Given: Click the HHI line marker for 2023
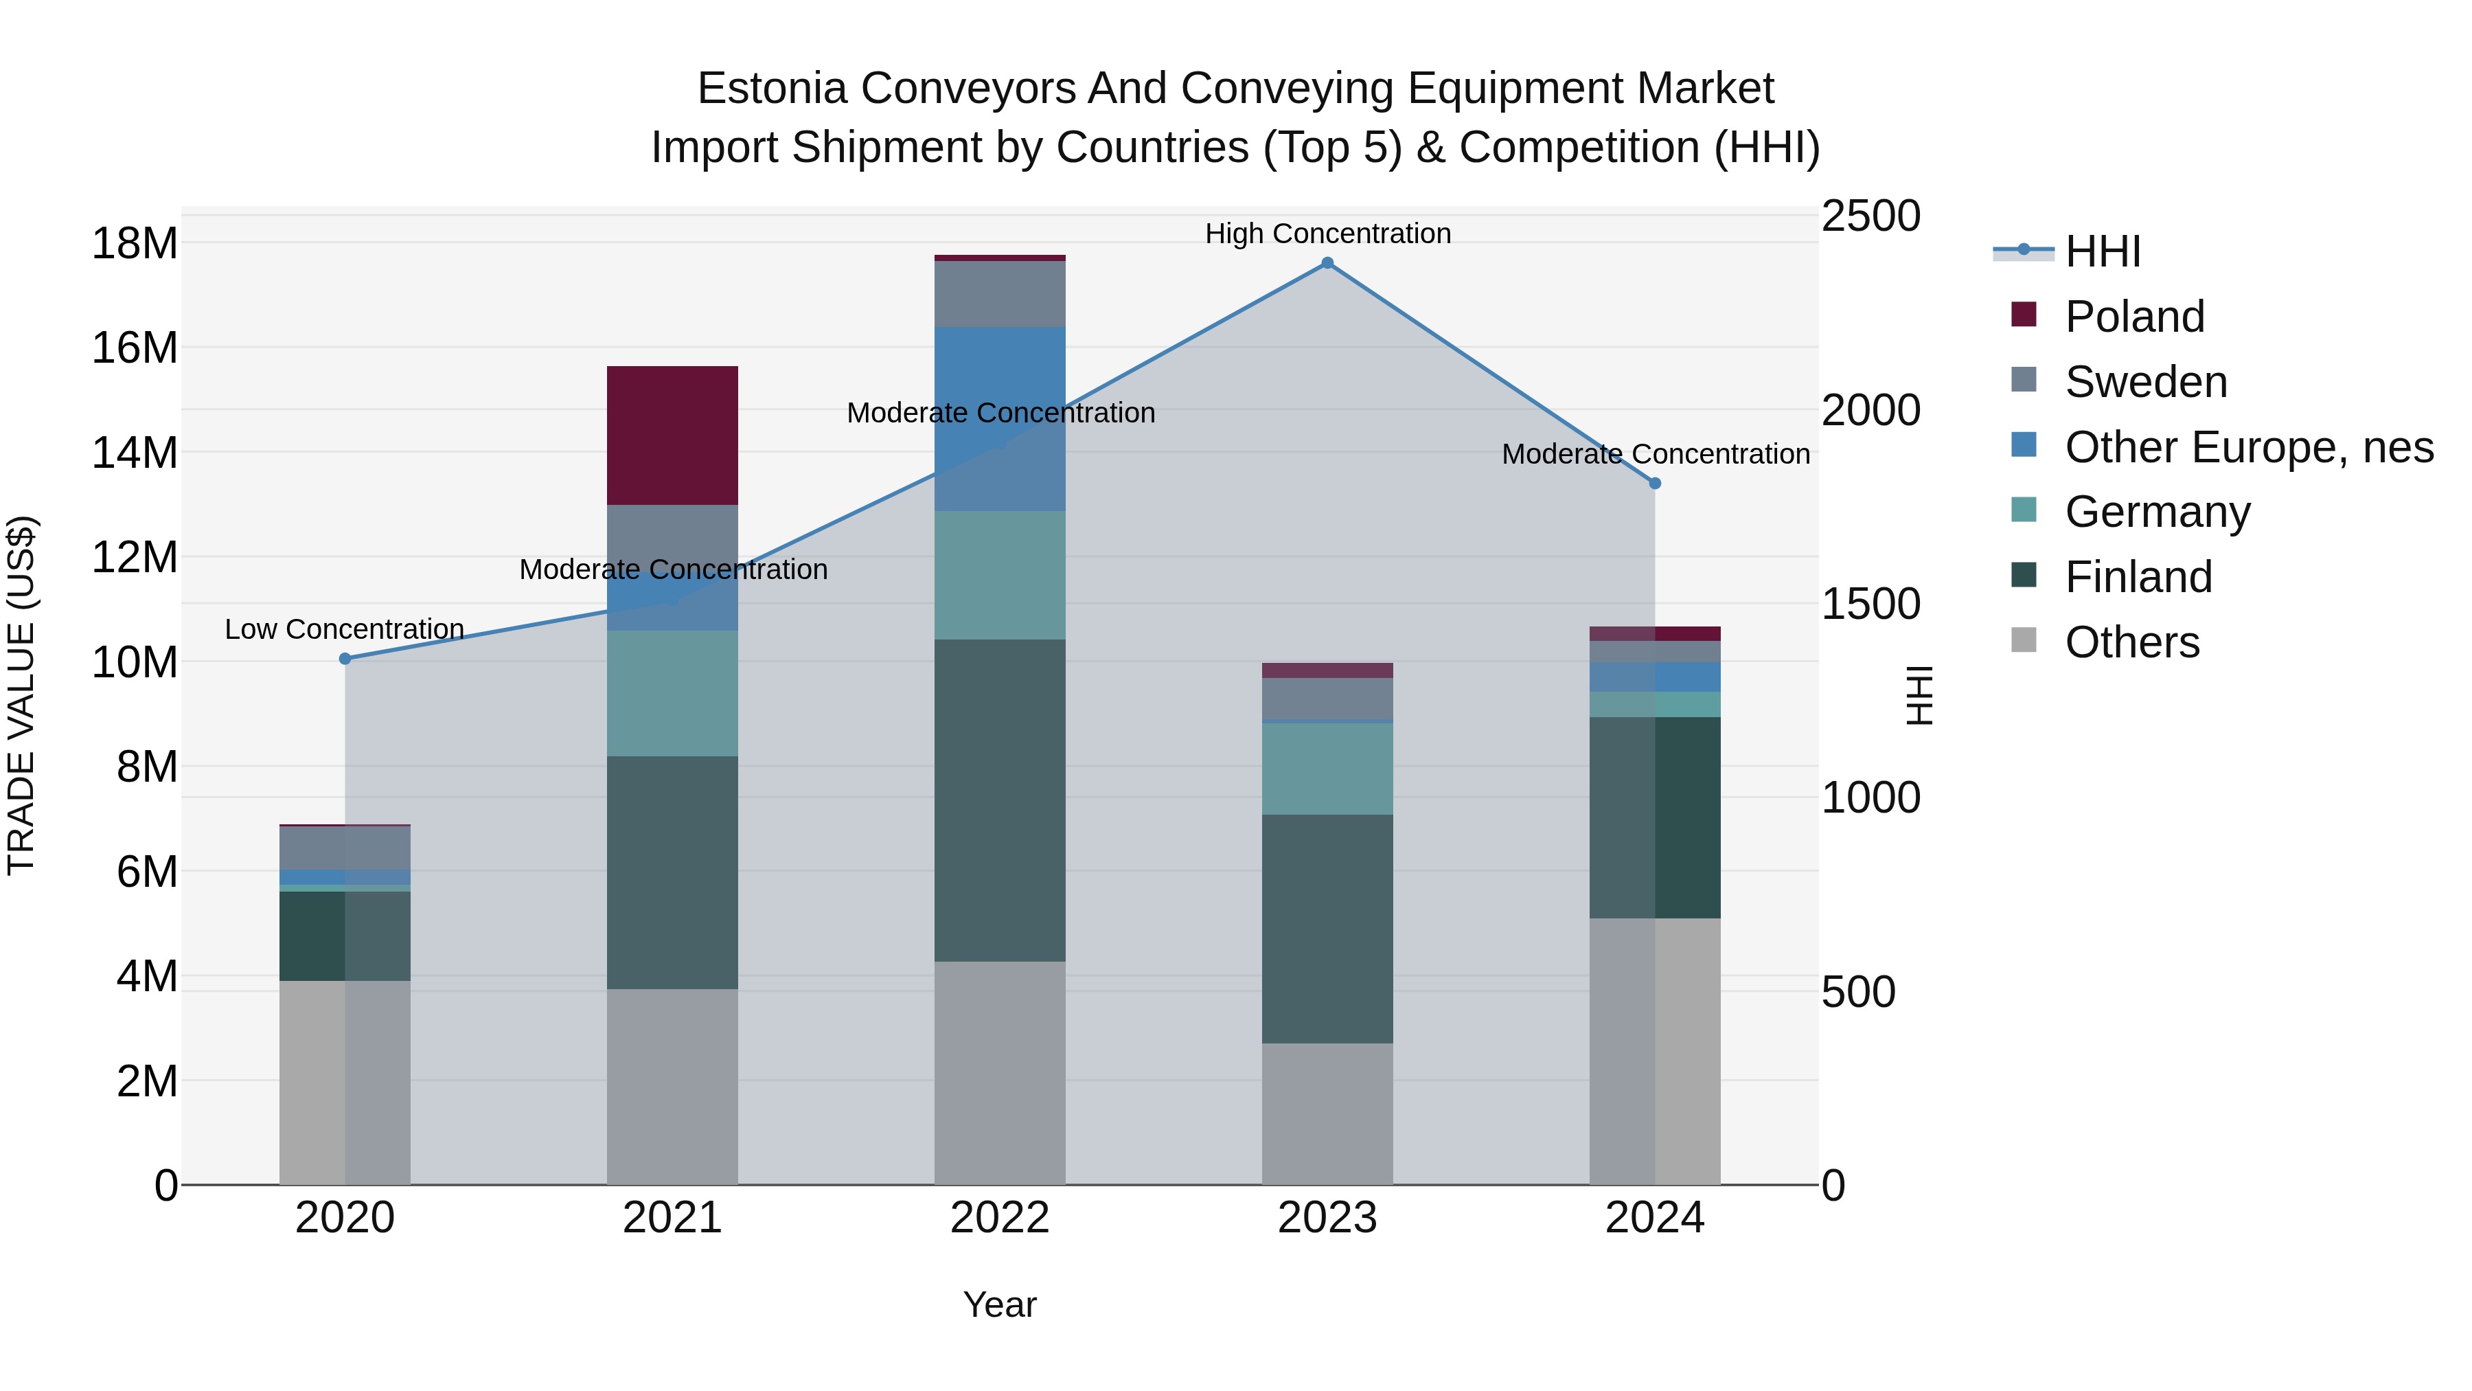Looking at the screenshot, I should tap(1327, 263).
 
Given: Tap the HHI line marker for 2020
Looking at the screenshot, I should tap(345, 659).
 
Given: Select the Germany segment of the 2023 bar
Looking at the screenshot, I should tap(1327, 768).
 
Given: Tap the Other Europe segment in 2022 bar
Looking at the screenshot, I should tap(999, 418).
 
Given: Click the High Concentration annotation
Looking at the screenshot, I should tap(1327, 234).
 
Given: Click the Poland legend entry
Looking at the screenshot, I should tap(2134, 317).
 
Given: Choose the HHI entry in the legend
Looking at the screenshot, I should tap(2102, 251).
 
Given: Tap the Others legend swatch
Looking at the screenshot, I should tap(2023, 640).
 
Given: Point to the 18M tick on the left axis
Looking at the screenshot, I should tap(135, 243).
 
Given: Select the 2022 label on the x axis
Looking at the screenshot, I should tap(999, 1218).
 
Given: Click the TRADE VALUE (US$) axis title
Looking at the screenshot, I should tap(21, 695).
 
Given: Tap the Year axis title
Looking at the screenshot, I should tap(999, 1304).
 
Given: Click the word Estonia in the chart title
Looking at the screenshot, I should tap(772, 89).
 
